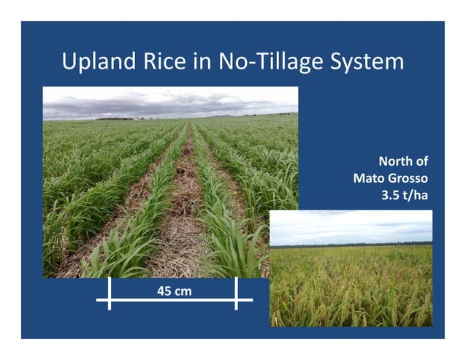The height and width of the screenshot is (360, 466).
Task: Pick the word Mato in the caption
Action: [370, 178]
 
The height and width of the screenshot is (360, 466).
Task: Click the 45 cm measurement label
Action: [174, 292]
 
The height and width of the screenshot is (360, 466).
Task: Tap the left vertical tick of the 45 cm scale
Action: [110, 294]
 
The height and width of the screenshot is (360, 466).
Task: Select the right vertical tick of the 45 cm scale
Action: [236, 294]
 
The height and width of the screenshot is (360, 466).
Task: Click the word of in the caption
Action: [421, 161]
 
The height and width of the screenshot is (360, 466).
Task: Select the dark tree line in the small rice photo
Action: [351, 245]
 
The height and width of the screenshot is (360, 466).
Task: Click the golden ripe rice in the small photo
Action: [351, 292]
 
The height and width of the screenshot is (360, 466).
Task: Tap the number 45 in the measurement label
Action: [164, 292]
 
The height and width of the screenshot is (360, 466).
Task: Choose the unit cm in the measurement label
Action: [183, 292]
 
